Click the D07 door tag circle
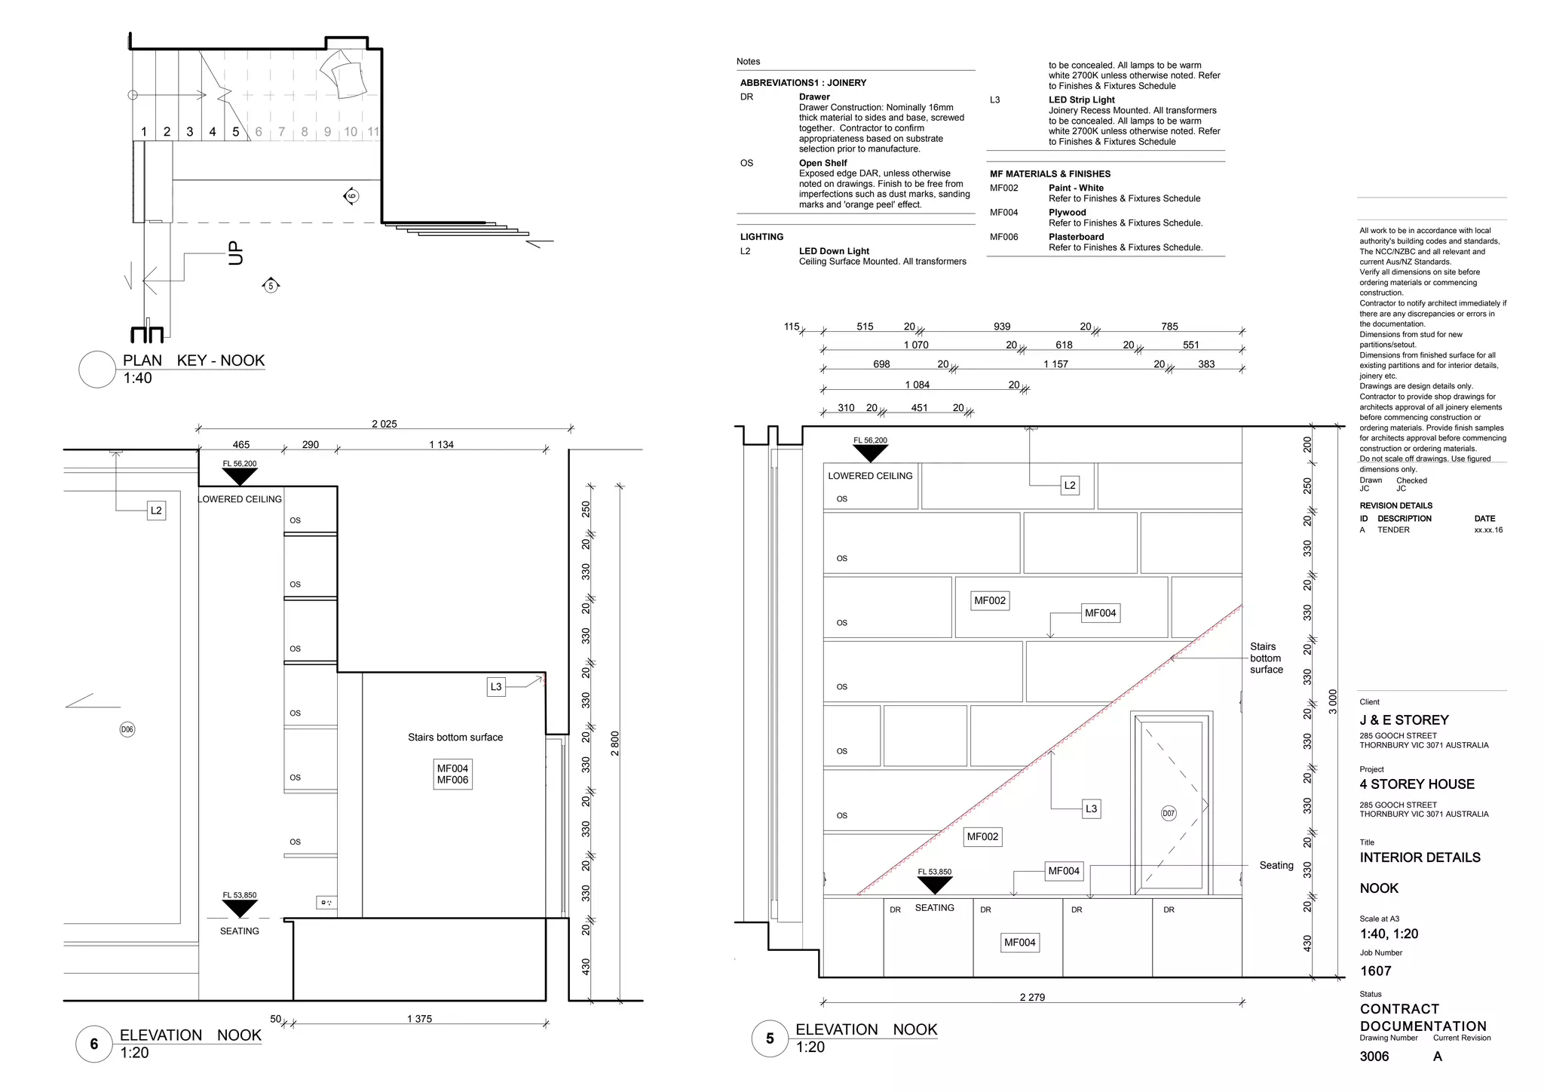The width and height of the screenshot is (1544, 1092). pyautogui.click(x=1169, y=813)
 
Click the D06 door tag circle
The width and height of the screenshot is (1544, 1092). pyautogui.click(x=127, y=729)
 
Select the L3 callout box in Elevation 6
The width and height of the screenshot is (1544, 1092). pyautogui.click(x=495, y=686)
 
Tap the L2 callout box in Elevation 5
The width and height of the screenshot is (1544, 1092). pyautogui.click(x=1069, y=485)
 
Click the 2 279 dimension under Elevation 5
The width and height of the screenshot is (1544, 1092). pyautogui.click(x=1032, y=997)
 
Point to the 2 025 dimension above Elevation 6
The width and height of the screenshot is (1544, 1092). pyautogui.click(x=384, y=424)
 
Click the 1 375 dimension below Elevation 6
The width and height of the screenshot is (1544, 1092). pyautogui.click(x=419, y=1019)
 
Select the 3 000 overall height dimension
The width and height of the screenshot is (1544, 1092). pyautogui.click(x=1332, y=701)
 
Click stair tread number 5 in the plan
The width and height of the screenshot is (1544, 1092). pyautogui.click(x=235, y=132)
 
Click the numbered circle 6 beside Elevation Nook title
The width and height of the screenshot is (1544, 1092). pyautogui.click(x=94, y=1044)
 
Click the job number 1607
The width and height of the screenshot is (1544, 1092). pyautogui.click(x=1375, y=971)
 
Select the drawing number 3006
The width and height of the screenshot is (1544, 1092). pyautogui.click(x=1374, y=1057)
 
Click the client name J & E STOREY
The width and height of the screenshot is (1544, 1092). pyautogui.click(x=1404, y=720)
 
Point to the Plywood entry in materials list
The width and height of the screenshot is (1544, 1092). pyautogui.click(x=1067, y=213)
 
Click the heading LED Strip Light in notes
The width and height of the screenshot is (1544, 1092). pyautogui.click(x=1081, y=100)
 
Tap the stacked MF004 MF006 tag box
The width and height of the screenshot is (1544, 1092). pyautogui.click(x=452, y=775)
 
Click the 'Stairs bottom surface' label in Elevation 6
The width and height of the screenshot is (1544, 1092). pyautogui.click(x=455, y=738)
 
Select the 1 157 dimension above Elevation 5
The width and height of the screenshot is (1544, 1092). pyautogui.click(x=1055, y=364)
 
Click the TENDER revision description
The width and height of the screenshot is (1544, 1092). pyautogui.click(x=1393, y=530)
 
